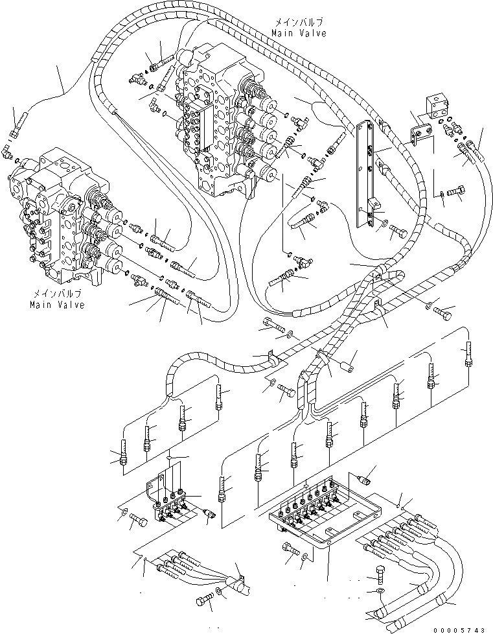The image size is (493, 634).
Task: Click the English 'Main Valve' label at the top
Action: (299, 32)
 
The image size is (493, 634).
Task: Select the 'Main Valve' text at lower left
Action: (57, 305)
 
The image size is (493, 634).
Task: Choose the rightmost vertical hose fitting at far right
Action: (467, 355)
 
